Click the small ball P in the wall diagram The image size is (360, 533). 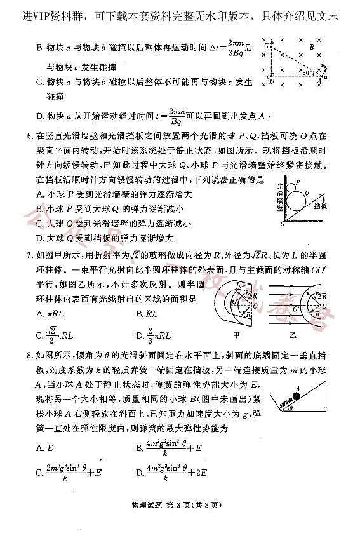pos(296,185)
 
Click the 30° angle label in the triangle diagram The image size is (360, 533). pos(307,74)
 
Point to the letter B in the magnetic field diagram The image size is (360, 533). pos(311,46)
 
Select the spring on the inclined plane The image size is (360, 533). pos(284,403)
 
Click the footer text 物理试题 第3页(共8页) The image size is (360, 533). pos(179,506)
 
